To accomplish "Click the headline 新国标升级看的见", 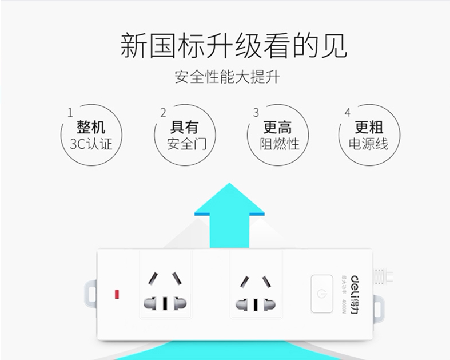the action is pyautogui.click(x=233, y=46).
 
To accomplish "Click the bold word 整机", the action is pyautogui.click(x=91, y=127).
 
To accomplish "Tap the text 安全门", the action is pyautogui.click(x=184, y=144).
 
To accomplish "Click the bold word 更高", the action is pyautogui.click(x=277, y=127).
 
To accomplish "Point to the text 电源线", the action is pyautogui.click(x=369, y=144).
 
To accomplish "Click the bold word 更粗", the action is pyautogui.click(x=369, y=127).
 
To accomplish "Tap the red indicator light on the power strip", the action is pyautogui.click(x=116, y=295).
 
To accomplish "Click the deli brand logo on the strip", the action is pyautogui.click(x=353, y=285).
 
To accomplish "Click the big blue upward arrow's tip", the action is pyautogui.click(x=229, y=187).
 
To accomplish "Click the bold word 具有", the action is pyautogui.click(x=184, y=127).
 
